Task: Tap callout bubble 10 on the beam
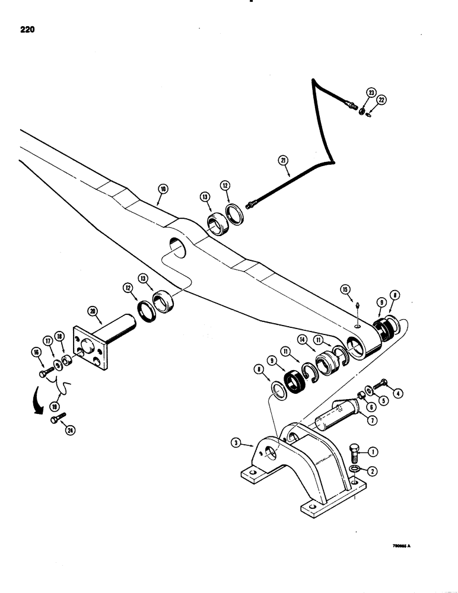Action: [163, 190]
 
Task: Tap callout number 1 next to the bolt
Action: [373, 452]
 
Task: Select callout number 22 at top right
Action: [381, 100]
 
